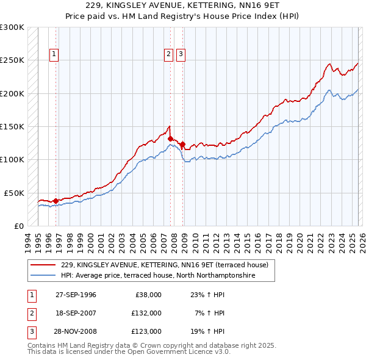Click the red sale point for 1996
click(x=56, y=200)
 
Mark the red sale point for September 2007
click(x=170, y=139)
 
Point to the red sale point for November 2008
click(x=182, y=144)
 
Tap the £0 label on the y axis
click(x=19, y=226)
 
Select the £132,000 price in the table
click(x=146, y=313)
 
